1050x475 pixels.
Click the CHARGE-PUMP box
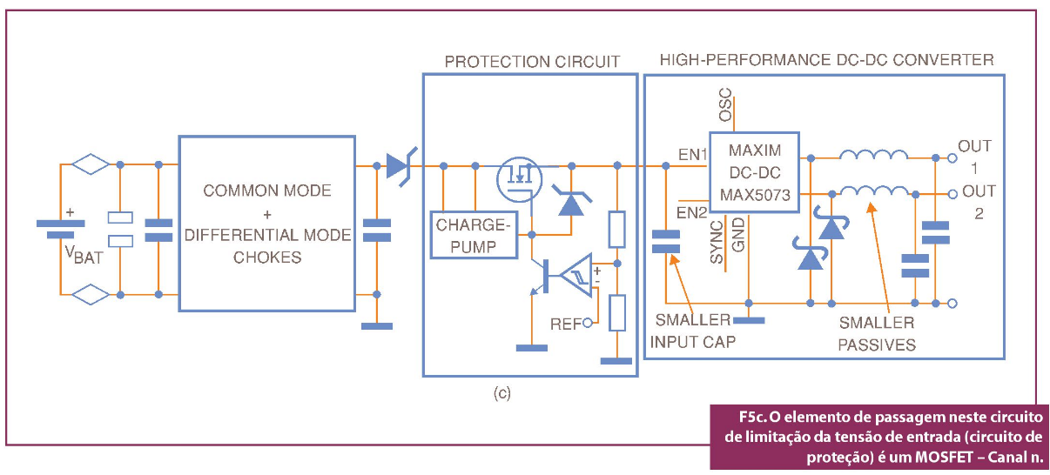pyautogui.click(x=474, y=235)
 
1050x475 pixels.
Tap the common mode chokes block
pyautogui.click(x=266, y=224)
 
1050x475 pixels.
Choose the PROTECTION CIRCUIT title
pyautogui.click(x=532, y=62)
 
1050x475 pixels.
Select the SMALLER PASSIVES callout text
pyautogui.click(x=877, y=333)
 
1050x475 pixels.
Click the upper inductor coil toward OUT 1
pyautogui.click(x=872, y=157)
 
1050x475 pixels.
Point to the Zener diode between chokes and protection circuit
pyautogui.click(x=400, y=165)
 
